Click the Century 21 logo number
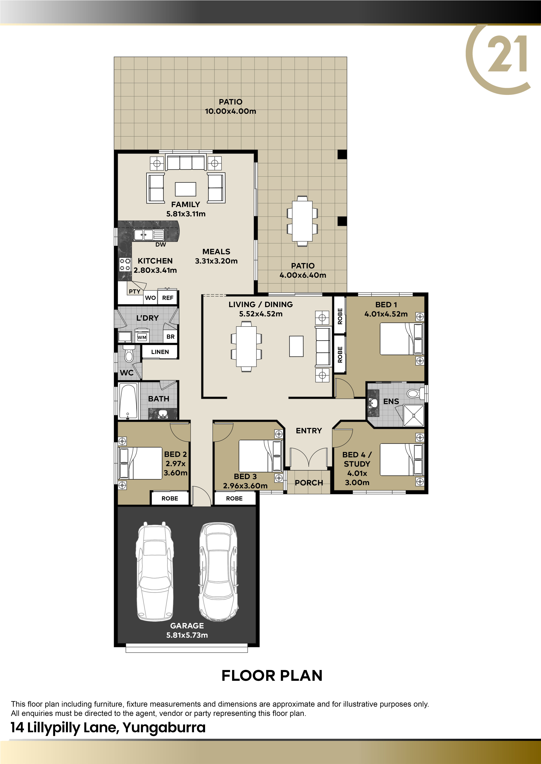[507, 54]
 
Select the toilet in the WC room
[129, 353]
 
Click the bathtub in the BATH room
[128, 401]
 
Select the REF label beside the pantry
[168, 298]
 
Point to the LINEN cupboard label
[160, 352]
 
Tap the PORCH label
[309, 483]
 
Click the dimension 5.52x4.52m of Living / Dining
[261, 314]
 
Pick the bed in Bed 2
[141, 463]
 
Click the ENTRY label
[309, 431]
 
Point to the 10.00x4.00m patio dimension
[231, 111]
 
